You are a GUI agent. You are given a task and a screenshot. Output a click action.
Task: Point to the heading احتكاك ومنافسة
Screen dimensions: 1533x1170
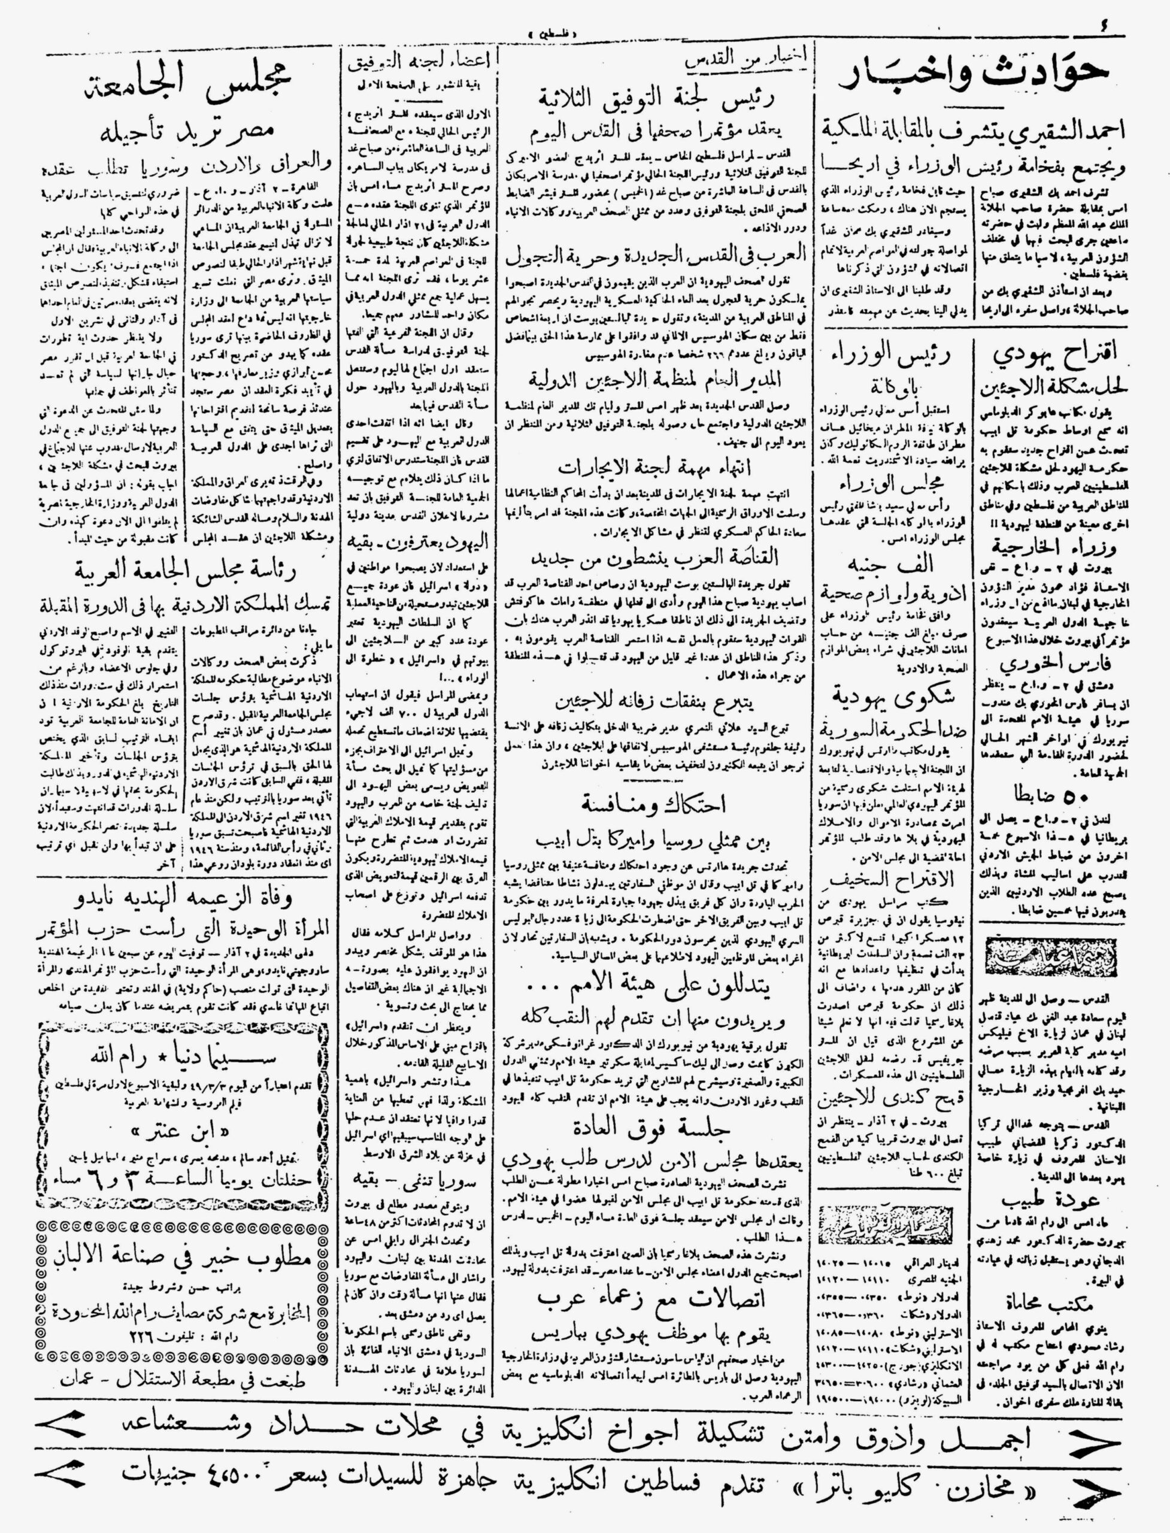(x=654, y=804)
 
